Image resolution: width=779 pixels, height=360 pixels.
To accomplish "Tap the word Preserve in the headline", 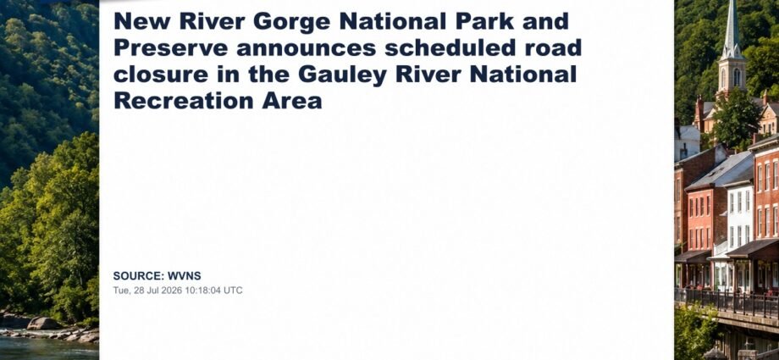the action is (170, 48).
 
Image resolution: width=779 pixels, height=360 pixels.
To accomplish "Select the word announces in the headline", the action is (306, 49).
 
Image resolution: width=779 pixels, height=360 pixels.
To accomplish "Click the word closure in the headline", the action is (161, 75).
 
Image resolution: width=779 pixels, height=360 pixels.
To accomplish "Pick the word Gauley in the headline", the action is (342, 75).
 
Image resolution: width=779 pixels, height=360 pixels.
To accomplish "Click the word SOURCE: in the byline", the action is (139, 276).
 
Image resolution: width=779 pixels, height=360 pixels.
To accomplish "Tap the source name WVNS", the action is (185, 276).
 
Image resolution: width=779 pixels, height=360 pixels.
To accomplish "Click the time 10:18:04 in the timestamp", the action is (202, 291).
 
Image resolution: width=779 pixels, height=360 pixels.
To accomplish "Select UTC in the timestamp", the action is (233, 291).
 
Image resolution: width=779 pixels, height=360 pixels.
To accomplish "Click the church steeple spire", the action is (732, 25).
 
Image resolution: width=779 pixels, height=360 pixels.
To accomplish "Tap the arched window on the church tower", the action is (737, 78).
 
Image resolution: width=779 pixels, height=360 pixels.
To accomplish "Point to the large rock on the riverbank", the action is (45, 324).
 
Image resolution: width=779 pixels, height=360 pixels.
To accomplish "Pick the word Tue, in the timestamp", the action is (122, 291).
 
